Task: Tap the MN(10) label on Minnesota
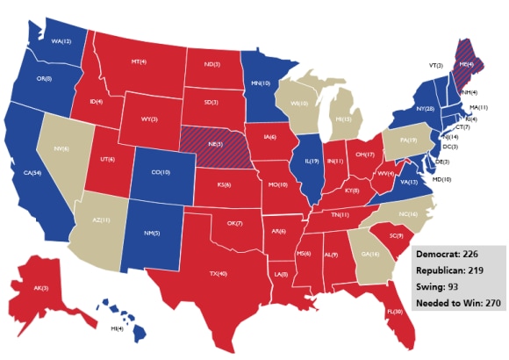261,83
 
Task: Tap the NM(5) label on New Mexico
151,232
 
